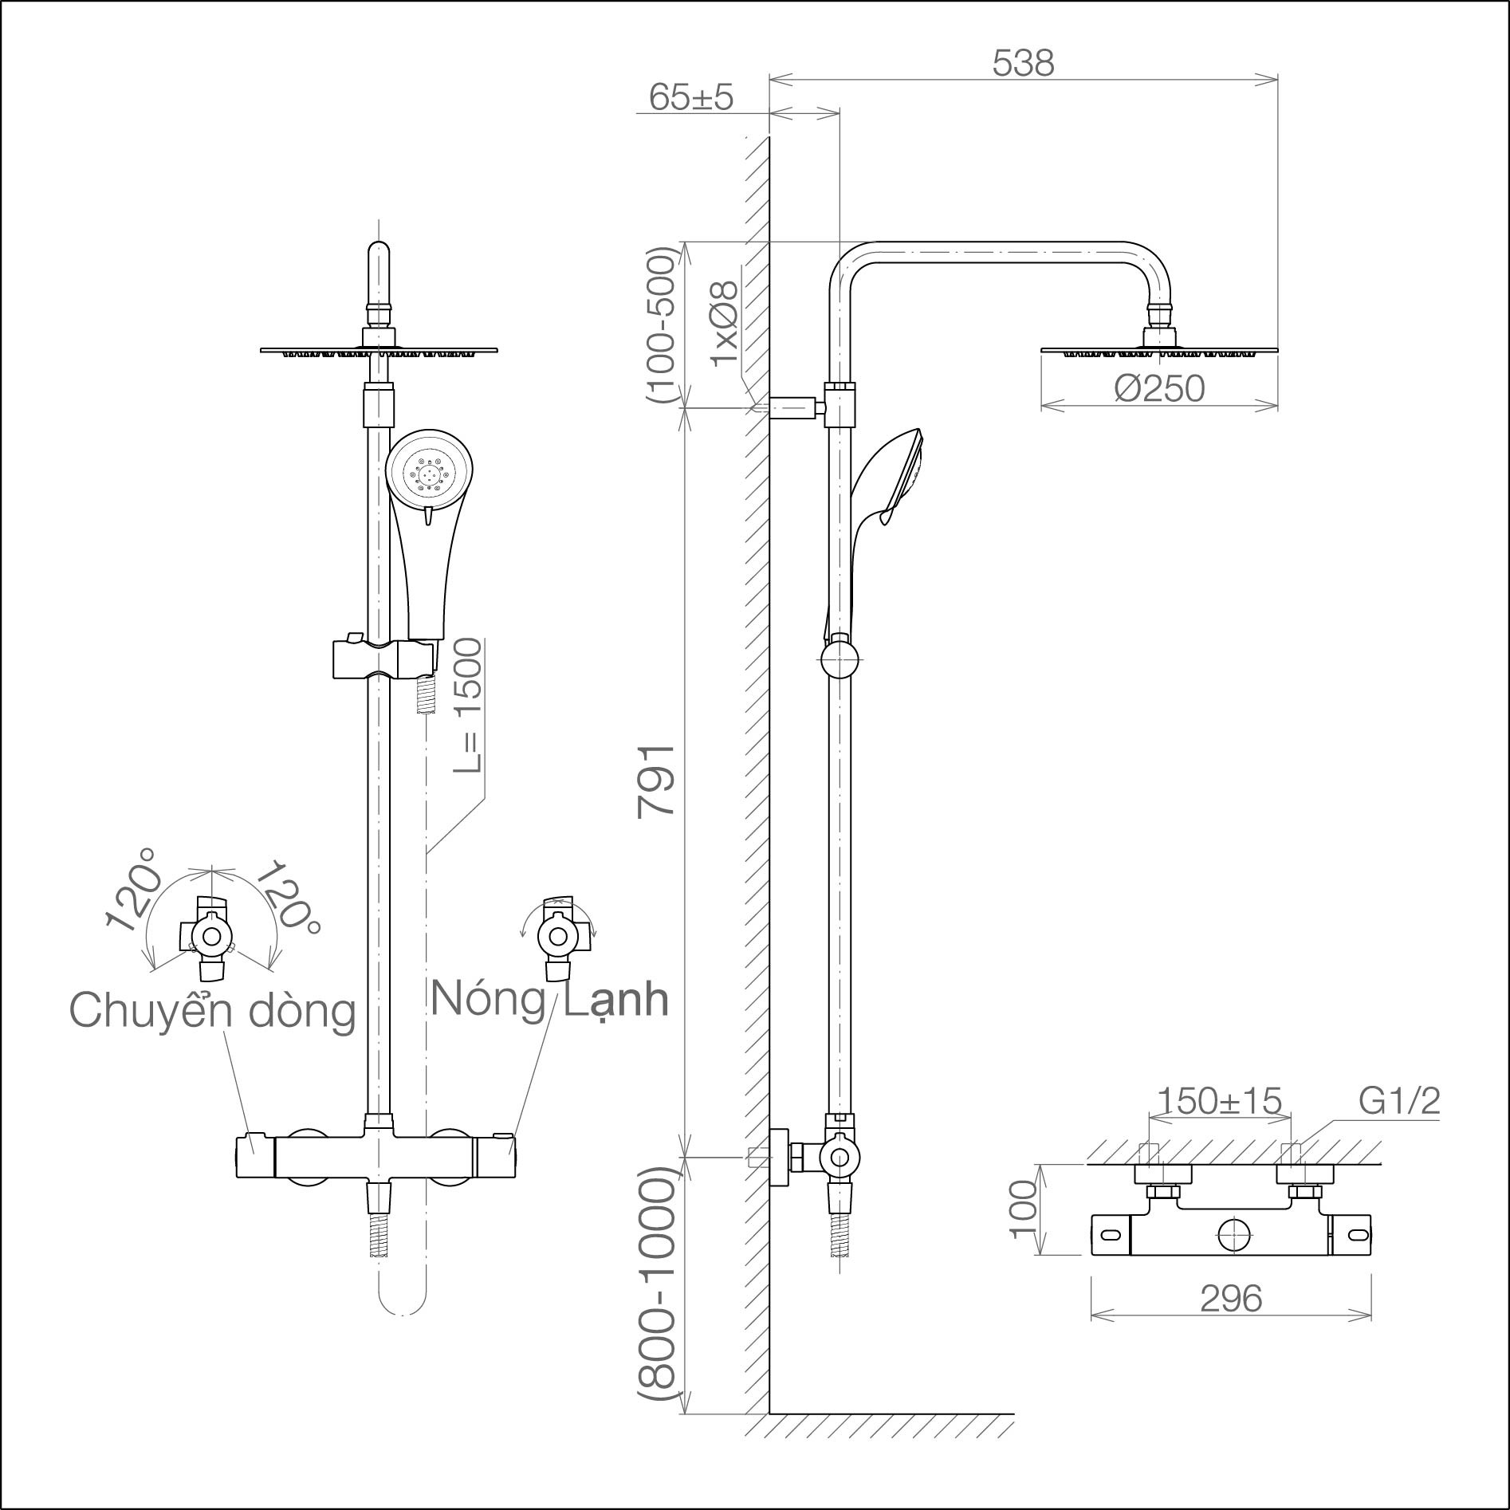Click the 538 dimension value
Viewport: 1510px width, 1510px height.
point(1024,63)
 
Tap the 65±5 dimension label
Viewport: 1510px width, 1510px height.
point(690,97)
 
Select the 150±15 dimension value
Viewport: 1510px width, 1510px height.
point(1218,1101)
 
